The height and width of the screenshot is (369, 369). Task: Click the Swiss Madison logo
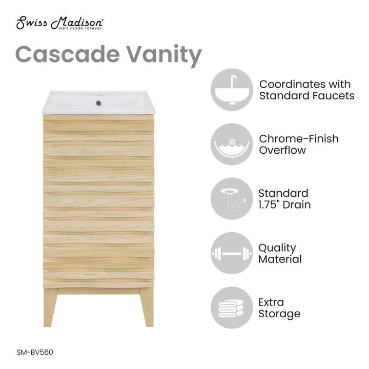click(x=60, y=24)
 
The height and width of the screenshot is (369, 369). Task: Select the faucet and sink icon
click(x=231, y=90)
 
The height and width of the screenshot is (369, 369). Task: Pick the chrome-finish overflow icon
click(x=231, y=144)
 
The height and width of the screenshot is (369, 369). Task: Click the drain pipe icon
click(x=231, y=199)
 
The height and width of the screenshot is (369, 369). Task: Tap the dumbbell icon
click(x=231, y=253)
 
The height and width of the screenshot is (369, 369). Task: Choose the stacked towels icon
click(x=231, y=307)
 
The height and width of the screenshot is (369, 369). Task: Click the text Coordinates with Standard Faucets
click(x=306, y=90)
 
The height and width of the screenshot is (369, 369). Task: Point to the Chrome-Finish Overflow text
click(x=299, y=144)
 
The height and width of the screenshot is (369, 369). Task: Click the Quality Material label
click(x=280, y=253)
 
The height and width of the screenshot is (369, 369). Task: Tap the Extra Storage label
click(x=279, y=307)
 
